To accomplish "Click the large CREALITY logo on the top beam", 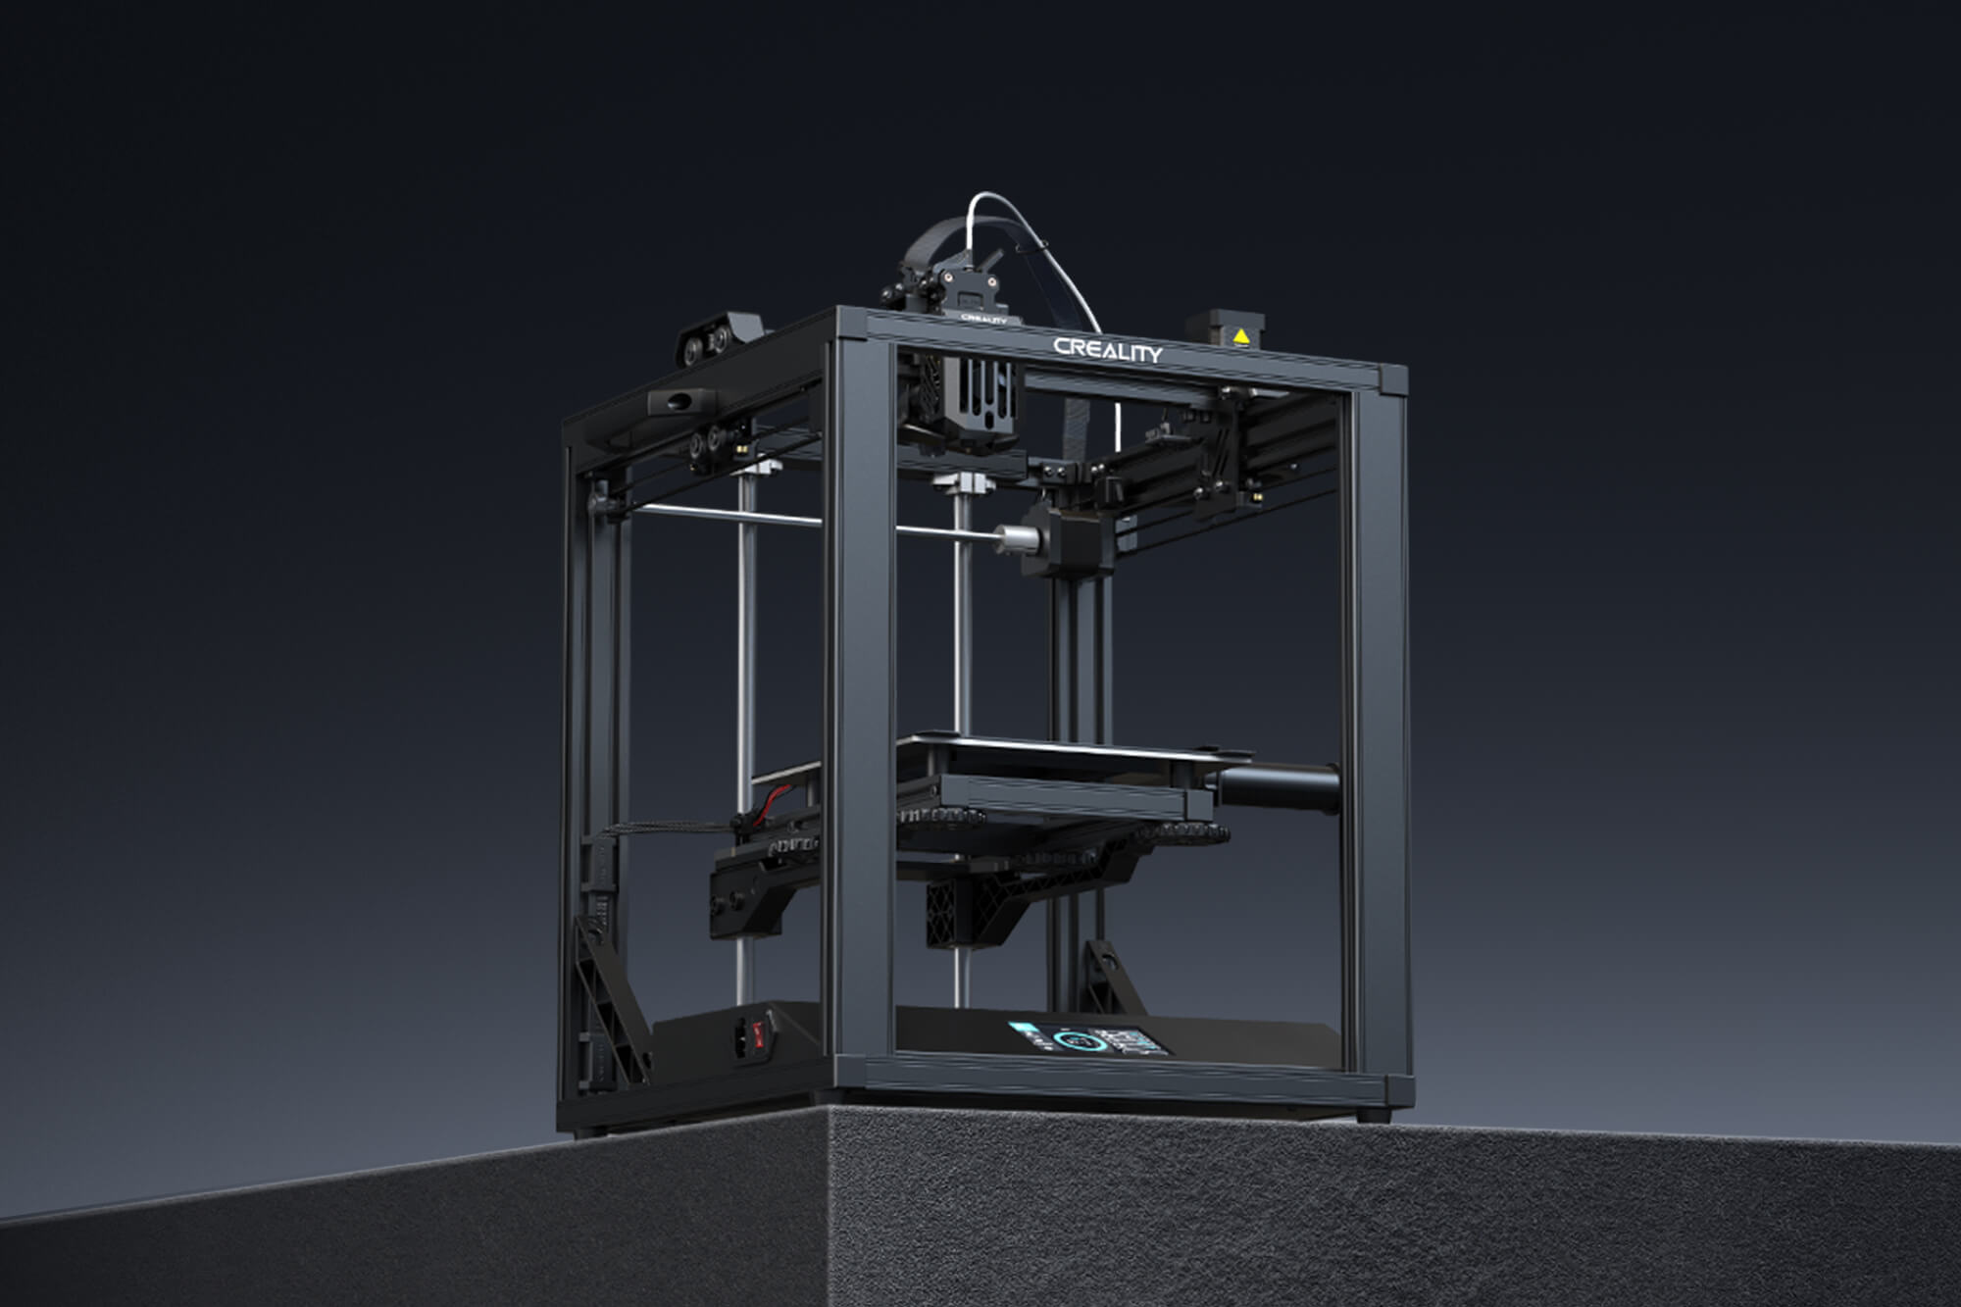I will coord(1108,350).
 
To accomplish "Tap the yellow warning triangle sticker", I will coord(1241,336).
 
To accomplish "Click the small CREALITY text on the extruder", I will coord(982,318).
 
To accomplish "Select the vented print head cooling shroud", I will coord(966,402).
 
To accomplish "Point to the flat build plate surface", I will coord(1059,750).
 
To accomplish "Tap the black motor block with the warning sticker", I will coord(1226,331).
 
